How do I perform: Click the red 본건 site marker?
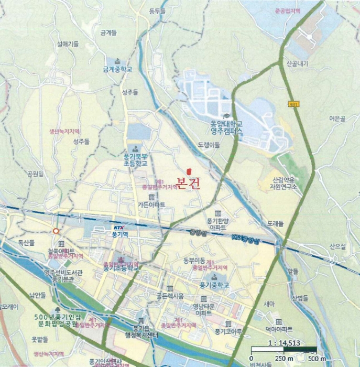click(189, 171)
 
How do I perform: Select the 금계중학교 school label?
click(118, 69)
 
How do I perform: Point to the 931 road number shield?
click(293, 105)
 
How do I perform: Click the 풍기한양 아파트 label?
click(217, 224)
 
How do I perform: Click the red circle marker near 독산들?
click(56, 231)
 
